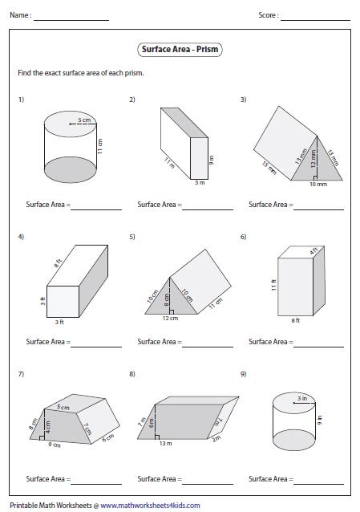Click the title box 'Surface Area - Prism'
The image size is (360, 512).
pyautogui.click(x=180, y=50)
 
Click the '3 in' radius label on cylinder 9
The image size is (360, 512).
pyautogui.click(x=300, y=397)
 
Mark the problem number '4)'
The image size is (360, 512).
pyautogui.click(x=21, y=238)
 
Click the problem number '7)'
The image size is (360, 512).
pyautogui.click(x=21, y=374)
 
